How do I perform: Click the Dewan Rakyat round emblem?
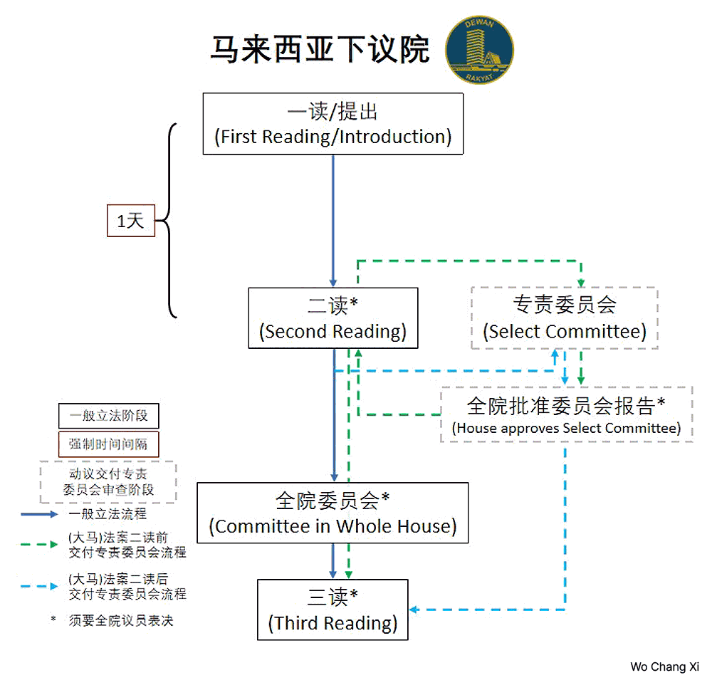pyautogui.click(x=479, y=50)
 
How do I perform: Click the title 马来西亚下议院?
pyautogui.click(x=320, y=49)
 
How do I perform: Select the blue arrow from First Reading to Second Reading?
pyautogui.click(x=333, y=221)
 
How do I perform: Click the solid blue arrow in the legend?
pyautogui.click(x=39, y=514)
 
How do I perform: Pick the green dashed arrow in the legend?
pyautogui.click(x=39, y=544)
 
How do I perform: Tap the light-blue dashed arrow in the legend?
pyautogui.click(x=39, y=586)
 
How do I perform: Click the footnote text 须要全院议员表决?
pyautogui.click(x=121, y=620)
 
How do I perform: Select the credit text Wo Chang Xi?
pyautogui.click(x=665, y=666)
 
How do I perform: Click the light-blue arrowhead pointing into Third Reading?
pyautogui.click(x=413, y=610)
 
